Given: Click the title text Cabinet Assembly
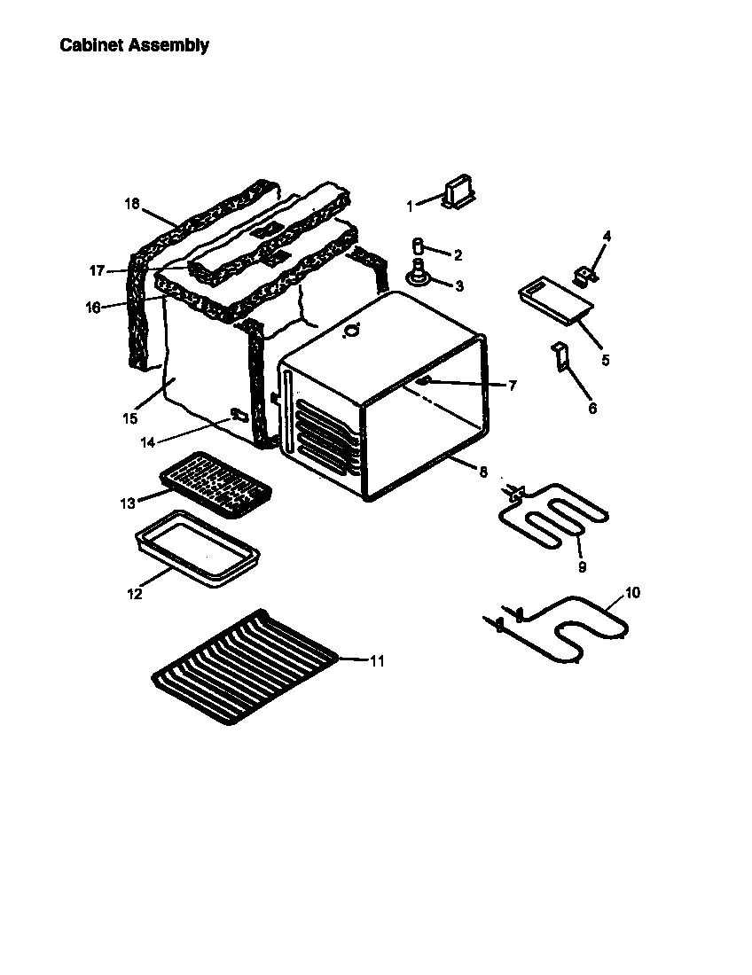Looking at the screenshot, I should [134, 45].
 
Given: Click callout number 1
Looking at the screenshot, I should [410, 207].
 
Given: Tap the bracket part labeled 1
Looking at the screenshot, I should [459, 191].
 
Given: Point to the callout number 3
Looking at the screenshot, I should [458, 286].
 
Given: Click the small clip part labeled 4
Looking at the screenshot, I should [584, 275].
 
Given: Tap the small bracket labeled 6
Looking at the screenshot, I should [561, 358].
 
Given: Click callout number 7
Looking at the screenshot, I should [513, 386].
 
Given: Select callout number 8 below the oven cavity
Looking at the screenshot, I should [483, 473].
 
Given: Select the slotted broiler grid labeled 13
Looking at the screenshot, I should [215, 484].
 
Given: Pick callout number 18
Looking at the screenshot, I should [132, 204].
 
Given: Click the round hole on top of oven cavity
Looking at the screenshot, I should [352, 331].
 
